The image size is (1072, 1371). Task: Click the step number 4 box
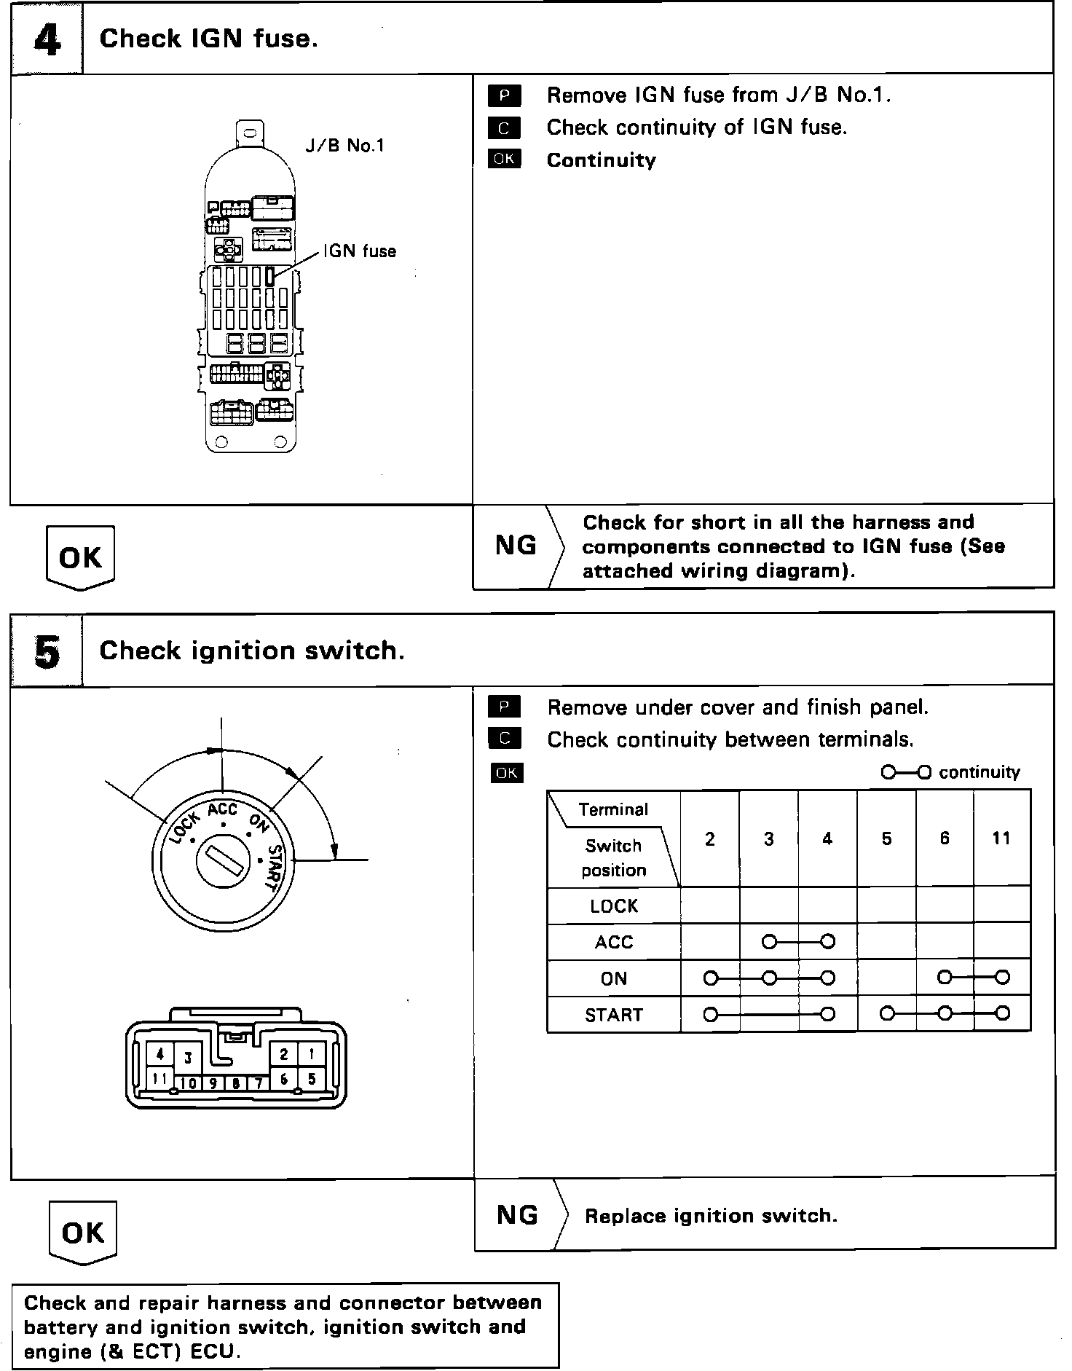tap(47, 39)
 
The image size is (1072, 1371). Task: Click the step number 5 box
tap(47, 651)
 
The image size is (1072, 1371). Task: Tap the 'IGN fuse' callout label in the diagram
tap(360, 251)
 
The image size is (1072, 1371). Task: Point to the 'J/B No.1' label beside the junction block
tap(344, 146)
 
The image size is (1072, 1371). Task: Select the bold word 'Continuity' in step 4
tap(601, 160)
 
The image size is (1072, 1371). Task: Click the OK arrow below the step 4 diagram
tap(80, 558)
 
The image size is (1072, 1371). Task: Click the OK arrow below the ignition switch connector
tap(82, 1233)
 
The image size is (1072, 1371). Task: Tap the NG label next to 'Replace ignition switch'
tap(517, 1215)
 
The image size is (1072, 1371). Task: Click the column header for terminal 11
tap(1001, 838)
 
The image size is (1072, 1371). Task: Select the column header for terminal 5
tap(886, 838)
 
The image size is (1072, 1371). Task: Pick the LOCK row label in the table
tap(613, 906)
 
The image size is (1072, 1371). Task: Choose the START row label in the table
tap(613, 1015)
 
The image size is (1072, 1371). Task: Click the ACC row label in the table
tap(613, 943)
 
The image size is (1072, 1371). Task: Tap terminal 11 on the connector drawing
tap(160, 1079)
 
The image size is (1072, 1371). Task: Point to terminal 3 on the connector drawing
tap(188, 1058)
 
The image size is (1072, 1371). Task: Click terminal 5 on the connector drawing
tap(312, 1079)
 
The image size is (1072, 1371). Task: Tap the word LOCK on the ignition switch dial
tap(184, 827)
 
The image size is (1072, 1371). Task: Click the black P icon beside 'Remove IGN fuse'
tap(504, 95)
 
